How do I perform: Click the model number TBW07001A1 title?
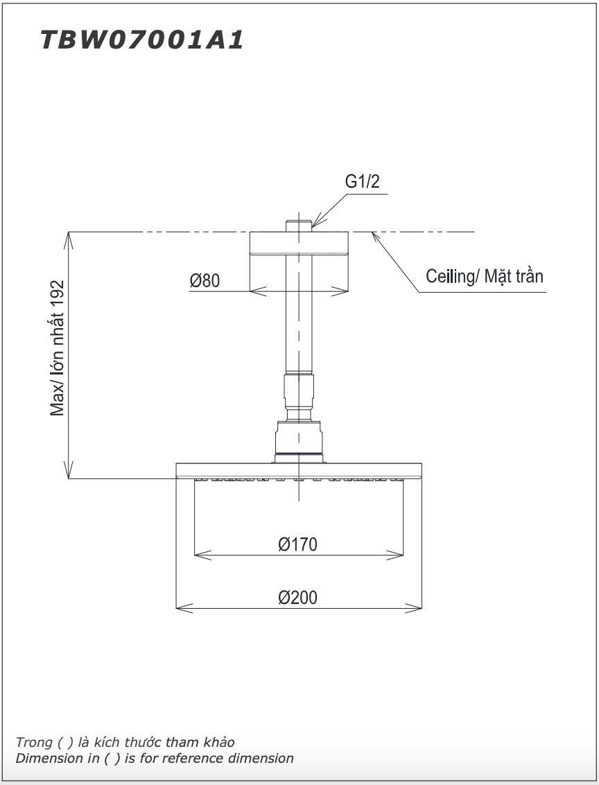(142, 40)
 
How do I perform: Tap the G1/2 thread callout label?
(363, 182)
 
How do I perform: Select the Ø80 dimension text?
(205, 280)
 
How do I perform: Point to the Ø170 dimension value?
(298, 544)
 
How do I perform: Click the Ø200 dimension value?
(298, 597)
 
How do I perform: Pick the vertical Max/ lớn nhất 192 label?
(58, 347)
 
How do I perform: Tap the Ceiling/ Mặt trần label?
(484, 276)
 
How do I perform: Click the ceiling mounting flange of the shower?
(299, 244)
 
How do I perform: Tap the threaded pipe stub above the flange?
(299, 226)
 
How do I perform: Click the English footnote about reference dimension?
(155, 758)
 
